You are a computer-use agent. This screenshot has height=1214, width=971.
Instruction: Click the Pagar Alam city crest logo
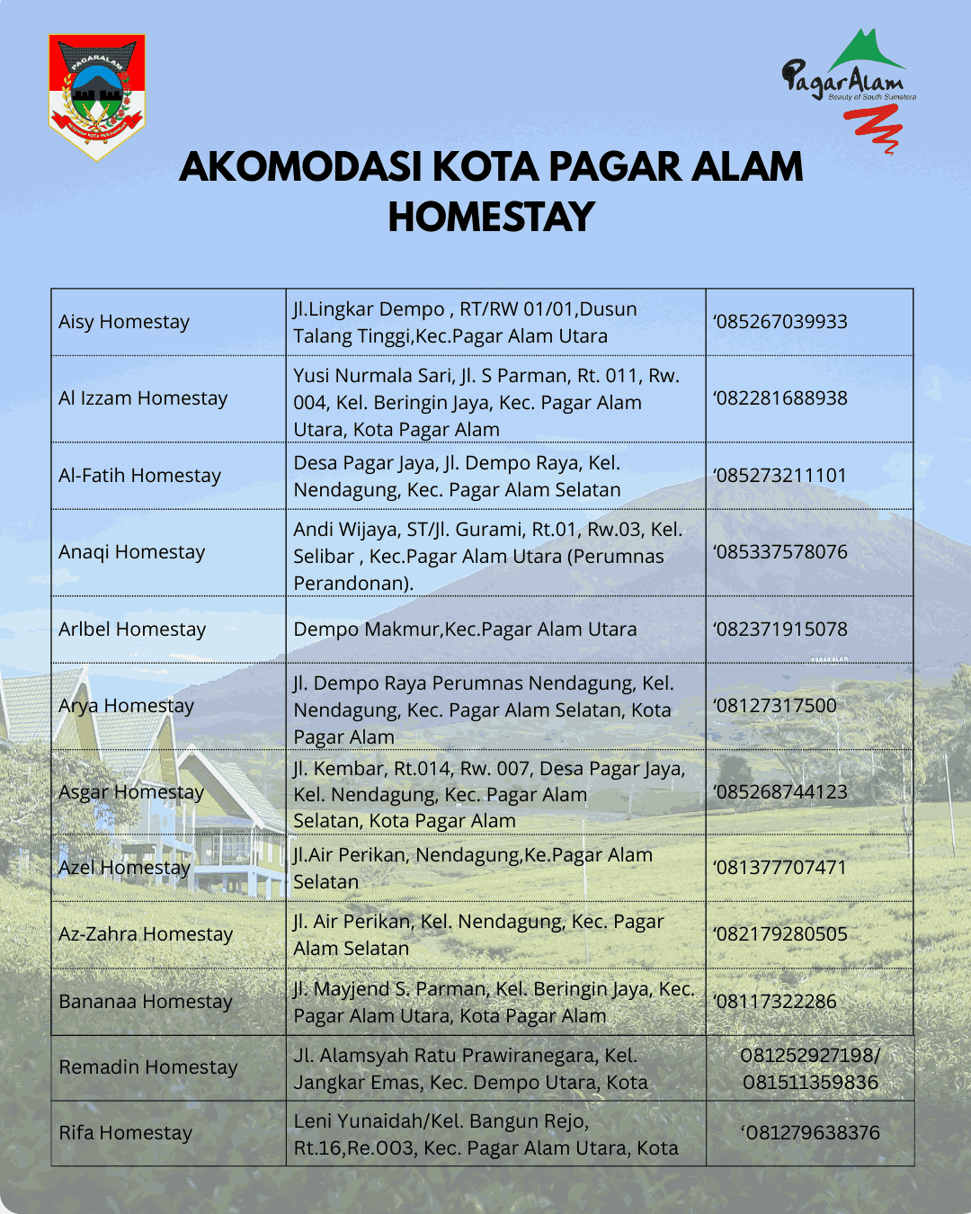pos(96,96)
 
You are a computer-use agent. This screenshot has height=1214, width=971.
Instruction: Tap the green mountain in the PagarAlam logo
pos(865,50)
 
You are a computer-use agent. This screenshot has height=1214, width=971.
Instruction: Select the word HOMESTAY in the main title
pos(491,217)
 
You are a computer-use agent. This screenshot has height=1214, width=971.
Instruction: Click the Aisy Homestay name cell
pos(124,322)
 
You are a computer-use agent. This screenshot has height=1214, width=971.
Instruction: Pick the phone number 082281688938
pos(780,398)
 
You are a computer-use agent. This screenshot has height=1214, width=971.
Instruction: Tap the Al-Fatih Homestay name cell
pos(139,476)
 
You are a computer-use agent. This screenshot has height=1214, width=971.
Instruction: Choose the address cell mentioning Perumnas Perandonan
pos(487,556)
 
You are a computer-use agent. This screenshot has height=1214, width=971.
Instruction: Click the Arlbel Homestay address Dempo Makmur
pos(465,629)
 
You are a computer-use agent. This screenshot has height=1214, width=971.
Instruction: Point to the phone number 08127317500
pos(775,706)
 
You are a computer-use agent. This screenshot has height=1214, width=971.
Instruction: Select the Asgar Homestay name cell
pos(131,792)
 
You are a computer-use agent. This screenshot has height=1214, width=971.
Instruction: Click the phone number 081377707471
pos(779,868)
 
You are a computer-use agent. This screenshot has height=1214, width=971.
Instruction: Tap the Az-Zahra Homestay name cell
pos(146,934)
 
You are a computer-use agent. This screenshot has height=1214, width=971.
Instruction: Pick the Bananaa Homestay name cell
pos(146,1002)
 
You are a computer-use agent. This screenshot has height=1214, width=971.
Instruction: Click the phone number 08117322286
pos(775,1002)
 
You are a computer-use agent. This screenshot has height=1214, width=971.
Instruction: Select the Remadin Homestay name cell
pos(148,1067)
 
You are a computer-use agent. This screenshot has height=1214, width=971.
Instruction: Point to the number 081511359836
pos(810,1083)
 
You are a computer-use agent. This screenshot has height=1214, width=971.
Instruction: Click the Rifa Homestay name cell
pos(126,1133)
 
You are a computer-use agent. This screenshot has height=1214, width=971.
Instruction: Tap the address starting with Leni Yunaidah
pos(485,1135)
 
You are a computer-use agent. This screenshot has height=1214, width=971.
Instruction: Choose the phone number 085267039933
pos(780,322)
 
